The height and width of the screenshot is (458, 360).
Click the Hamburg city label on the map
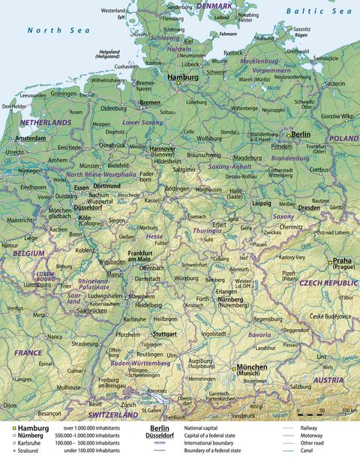click(183, 77)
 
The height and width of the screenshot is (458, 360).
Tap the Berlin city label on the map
click(301, 134)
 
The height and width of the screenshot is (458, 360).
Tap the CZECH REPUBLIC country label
click(329, 283)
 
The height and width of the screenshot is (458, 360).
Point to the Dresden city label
click(310, 207)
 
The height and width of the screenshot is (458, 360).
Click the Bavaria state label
click(259, 334)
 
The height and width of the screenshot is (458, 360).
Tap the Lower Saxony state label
click(142, 121)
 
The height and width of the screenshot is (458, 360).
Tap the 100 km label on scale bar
click(349, 411)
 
